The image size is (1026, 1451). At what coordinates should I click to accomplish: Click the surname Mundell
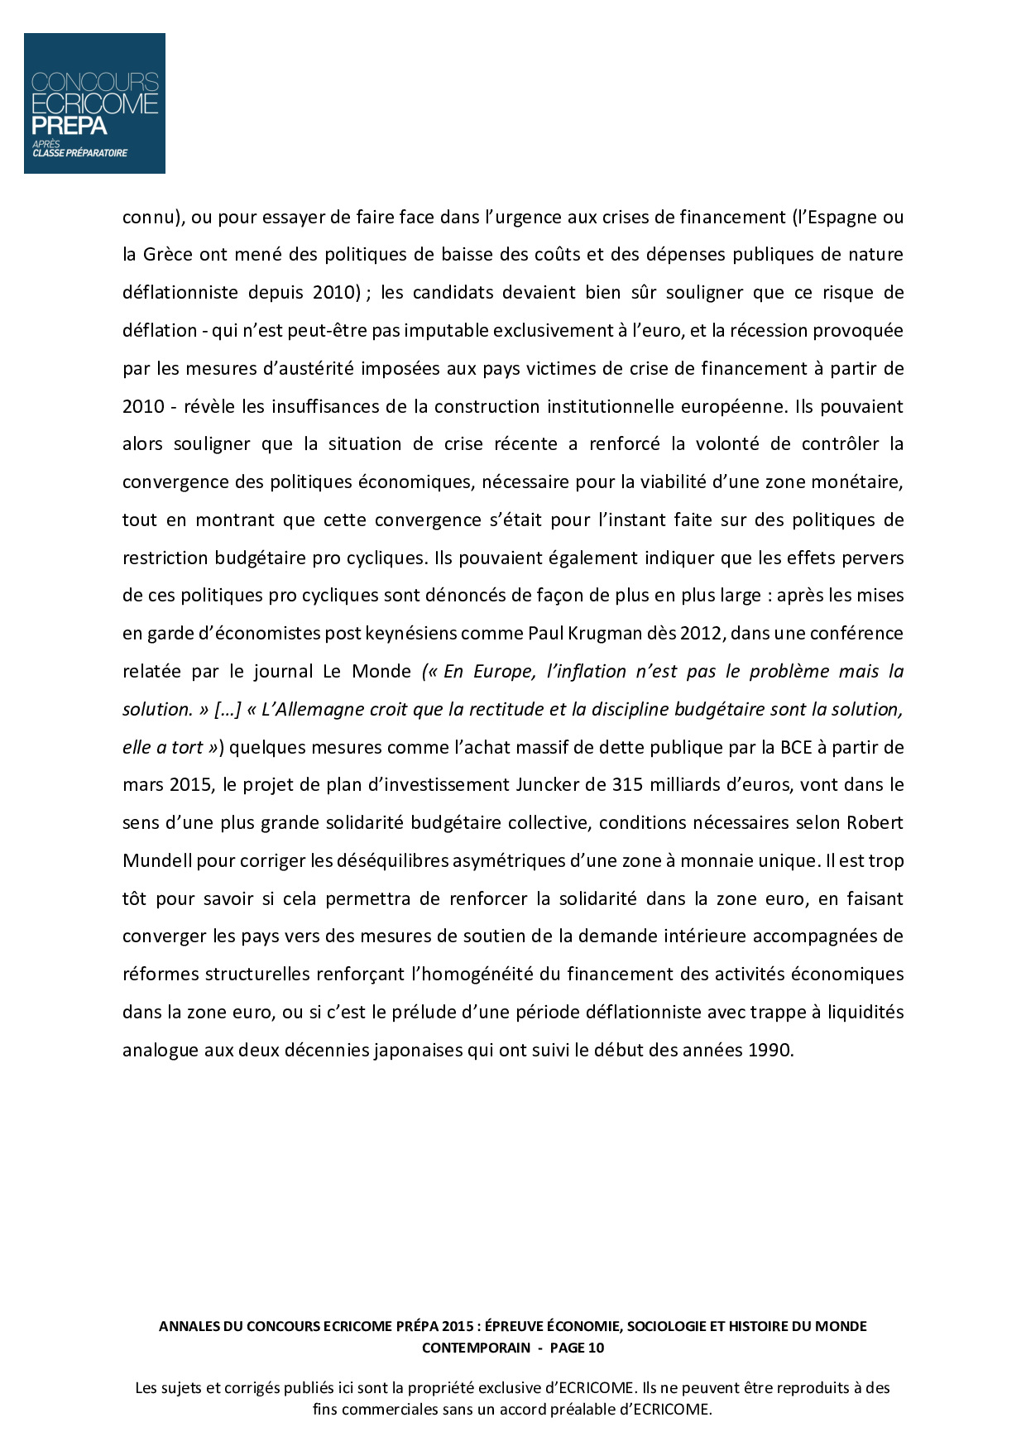click(x=156, y=861)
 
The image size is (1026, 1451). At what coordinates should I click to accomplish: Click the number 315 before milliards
click(x=628, y=785)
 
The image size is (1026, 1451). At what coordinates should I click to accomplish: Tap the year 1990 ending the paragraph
click(x=769, y=1051)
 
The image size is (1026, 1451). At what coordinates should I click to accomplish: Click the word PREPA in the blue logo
click(x=70, y=126)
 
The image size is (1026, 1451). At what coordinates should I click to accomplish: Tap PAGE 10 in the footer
click(x=577, y=1348)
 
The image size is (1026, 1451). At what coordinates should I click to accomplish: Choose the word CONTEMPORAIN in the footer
click(x=476, y=1348)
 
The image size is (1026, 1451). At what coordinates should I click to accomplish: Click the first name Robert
click(x=876, y=823)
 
